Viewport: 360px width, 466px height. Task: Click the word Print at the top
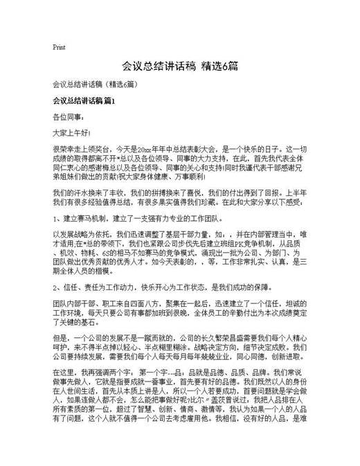[59, 47]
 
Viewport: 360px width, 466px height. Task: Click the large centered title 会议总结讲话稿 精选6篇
[180, 66]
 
